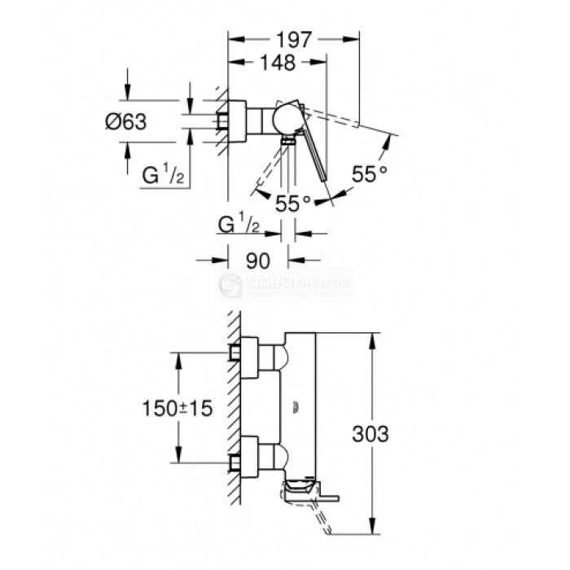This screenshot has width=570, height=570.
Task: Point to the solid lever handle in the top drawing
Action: (313, 155)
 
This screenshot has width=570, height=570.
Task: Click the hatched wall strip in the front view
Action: (233, 407)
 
